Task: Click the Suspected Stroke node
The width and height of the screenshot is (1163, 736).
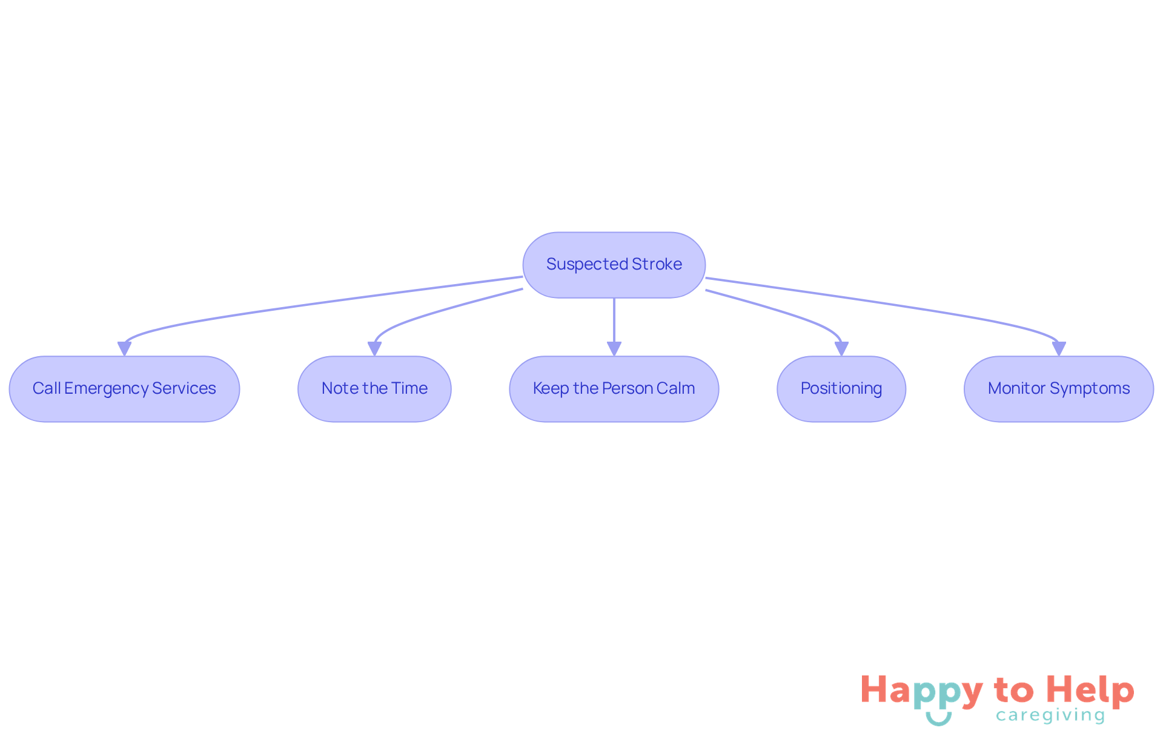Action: pyautogui.click(x=614, y=265)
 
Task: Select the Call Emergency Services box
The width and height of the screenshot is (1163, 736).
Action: pyautogui.click(x=124, y=388)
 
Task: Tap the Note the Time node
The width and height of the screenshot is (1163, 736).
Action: pyautogui.click(x=374, y=388)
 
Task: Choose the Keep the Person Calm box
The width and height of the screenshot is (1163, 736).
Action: pyautogui.click(x=614, y=388)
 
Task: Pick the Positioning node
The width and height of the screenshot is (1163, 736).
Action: pyautogui.click(x=841, y=388)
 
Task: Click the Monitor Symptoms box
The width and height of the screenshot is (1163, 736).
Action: pyautogui.click(x=1058, y=388)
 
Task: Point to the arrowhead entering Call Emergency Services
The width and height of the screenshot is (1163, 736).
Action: pyautogui.click(x=124, y=349)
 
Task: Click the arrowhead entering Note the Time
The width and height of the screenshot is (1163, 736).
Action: pyautogui.click(x=374, y=349)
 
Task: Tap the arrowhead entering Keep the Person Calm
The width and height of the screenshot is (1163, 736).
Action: pyautogui.click(x=614, y=349)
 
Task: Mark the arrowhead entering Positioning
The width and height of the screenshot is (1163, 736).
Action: pyautogui.click(x=841, y=349)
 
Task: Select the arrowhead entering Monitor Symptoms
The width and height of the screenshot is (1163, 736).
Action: pyautogui.click(x=1059, y=349)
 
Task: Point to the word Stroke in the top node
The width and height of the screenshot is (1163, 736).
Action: pyautogui.click(x=657, y=264)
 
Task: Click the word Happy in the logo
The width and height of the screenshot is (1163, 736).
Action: pyautogui.click(x=921, y=691)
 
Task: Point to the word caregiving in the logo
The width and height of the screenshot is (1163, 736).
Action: pyautogui.click(x=1050, y=715)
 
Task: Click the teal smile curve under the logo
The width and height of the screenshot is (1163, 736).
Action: pyautogui.click(x=938, y=719)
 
